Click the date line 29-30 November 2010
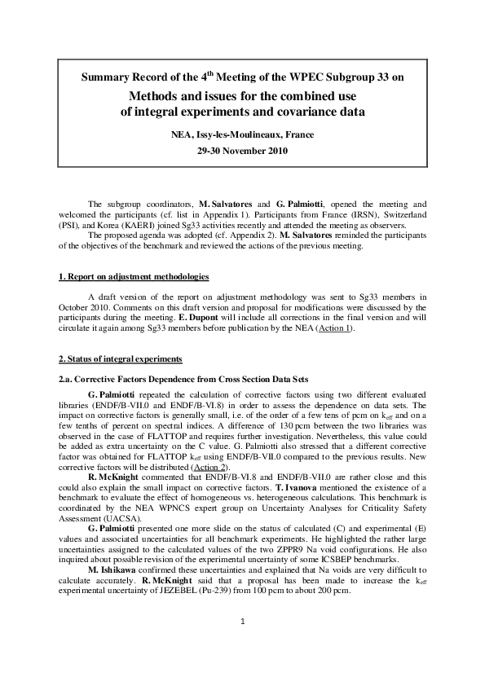click(242, 152)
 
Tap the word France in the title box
click(296, 134)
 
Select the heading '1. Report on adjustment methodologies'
click(134, 277)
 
